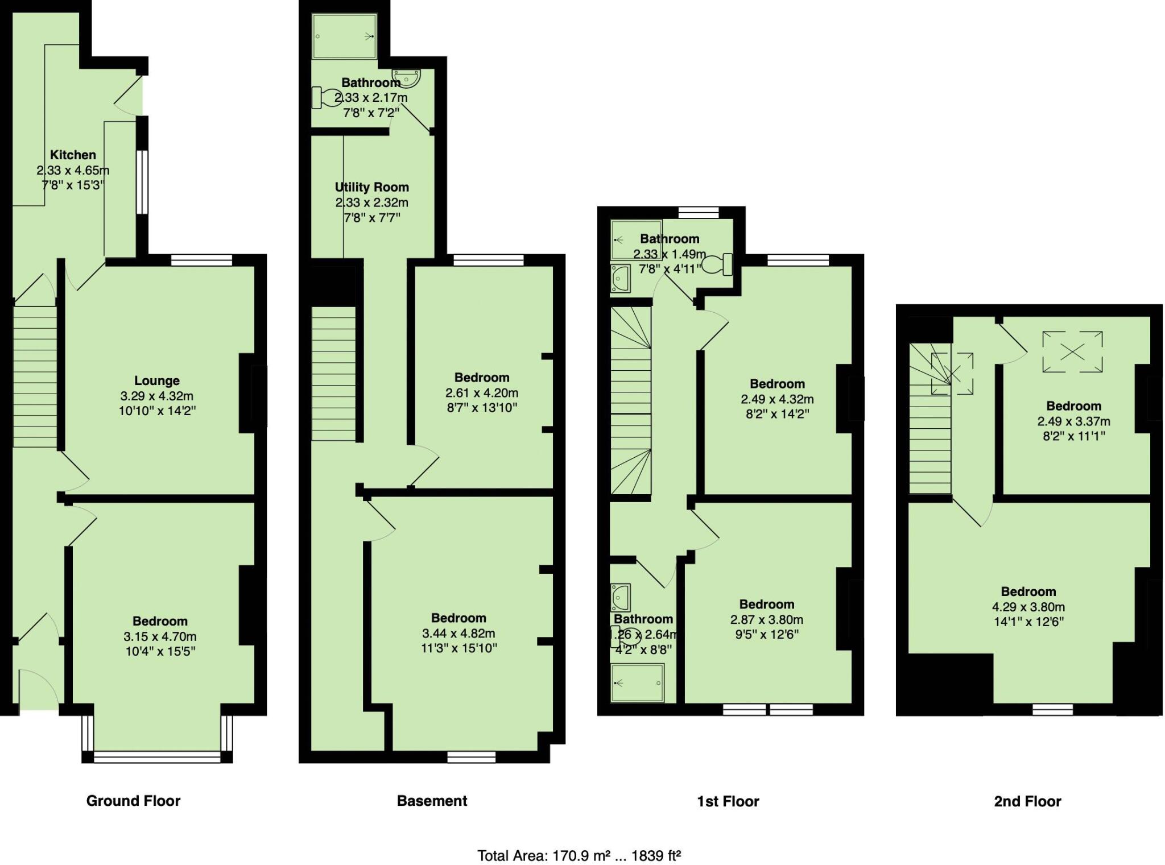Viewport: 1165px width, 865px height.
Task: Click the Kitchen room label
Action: point(73,155)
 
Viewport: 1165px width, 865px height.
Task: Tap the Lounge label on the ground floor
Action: point(156,380)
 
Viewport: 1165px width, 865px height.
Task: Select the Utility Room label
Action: point(371,187)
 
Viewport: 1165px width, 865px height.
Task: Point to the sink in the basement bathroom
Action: point(407,78)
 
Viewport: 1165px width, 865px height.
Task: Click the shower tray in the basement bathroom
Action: point(344,36)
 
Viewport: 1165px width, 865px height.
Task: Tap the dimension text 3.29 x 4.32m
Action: point(156,396)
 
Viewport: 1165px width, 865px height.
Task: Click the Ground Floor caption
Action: point(133,801)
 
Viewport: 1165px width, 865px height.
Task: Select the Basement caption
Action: point(432,801)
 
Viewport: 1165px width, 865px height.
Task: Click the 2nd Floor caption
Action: point(1027,801)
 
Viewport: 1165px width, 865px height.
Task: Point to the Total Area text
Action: point(579,855)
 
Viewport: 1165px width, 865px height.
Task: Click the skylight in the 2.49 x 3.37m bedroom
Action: point(1072,352)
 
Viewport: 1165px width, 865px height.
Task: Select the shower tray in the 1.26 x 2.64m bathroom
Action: point(638,682)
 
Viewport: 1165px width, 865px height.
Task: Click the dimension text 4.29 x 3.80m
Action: point(1028,607)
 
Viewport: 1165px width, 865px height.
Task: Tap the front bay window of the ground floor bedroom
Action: point(157,757)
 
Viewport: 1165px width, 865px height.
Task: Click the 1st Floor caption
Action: point(728,801)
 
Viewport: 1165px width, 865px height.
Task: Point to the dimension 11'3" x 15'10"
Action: point(458,648)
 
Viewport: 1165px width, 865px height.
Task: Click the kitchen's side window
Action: point(142,182)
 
